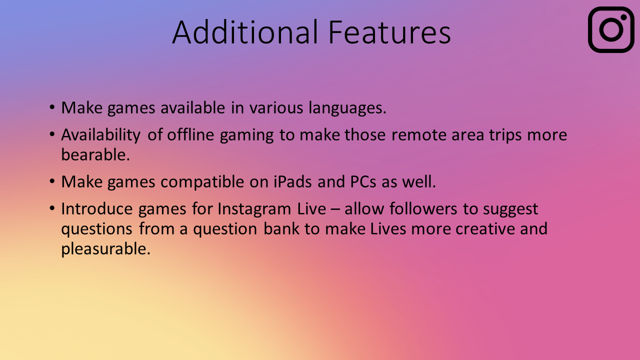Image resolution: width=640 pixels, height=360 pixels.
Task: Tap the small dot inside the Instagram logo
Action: click(x=623, y=17)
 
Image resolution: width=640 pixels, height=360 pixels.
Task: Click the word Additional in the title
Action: click(x=245, y=32)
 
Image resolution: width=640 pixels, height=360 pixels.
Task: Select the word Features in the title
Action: click(x=389, y=32)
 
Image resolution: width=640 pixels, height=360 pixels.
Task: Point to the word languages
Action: click(x=347, y=108)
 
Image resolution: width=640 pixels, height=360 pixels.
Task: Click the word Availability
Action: click(x=101, y=135)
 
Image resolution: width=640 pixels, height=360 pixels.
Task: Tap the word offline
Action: click(x=190, y=134)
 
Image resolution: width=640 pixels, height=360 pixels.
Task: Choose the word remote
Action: click(x=419, y=135)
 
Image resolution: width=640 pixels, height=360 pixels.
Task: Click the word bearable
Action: click(x=95, y=154)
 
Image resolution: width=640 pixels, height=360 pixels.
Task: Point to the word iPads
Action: click(x=292, y=181)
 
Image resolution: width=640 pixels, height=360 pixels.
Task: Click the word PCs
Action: click(x=363, y=181)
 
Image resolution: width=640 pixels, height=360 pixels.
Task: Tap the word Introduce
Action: click(x=97, y=208)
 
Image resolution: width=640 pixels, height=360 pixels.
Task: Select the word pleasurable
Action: click(x=105, y=249)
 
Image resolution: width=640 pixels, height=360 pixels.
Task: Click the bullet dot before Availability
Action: click(x=52, y=134)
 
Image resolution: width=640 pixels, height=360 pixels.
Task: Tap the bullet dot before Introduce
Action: click(x=52, y=208)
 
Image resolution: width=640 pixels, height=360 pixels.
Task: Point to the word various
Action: click(x=276, y=108)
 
